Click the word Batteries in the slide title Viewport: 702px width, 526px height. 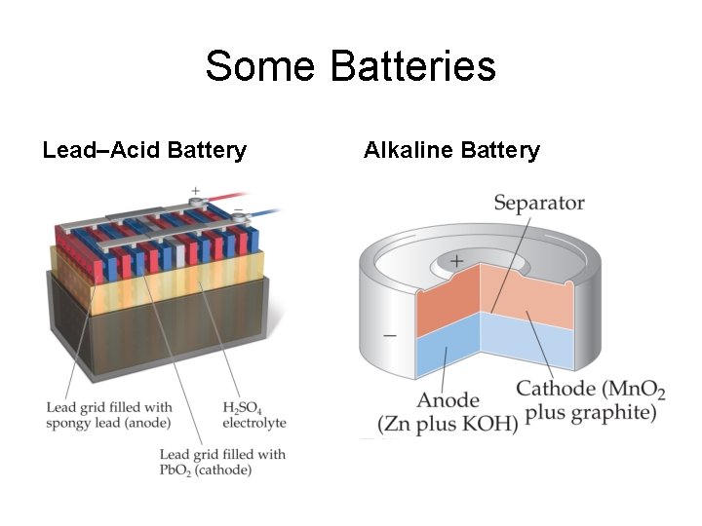point(413,67)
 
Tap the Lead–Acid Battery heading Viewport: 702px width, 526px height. point(144,150)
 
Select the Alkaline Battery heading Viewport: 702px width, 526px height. point(451,150)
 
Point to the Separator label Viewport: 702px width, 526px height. point(538,203)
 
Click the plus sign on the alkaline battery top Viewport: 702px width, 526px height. point(455,261)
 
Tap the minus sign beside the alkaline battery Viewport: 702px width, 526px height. point(390,334)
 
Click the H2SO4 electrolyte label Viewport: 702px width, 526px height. point(253,415)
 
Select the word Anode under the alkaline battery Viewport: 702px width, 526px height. point(448,400)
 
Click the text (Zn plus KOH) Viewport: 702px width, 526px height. point(448,426)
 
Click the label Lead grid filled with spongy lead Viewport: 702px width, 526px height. point(109,415)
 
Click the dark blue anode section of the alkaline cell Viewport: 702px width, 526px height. point(448,351)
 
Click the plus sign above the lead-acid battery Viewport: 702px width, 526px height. point(195,190)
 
